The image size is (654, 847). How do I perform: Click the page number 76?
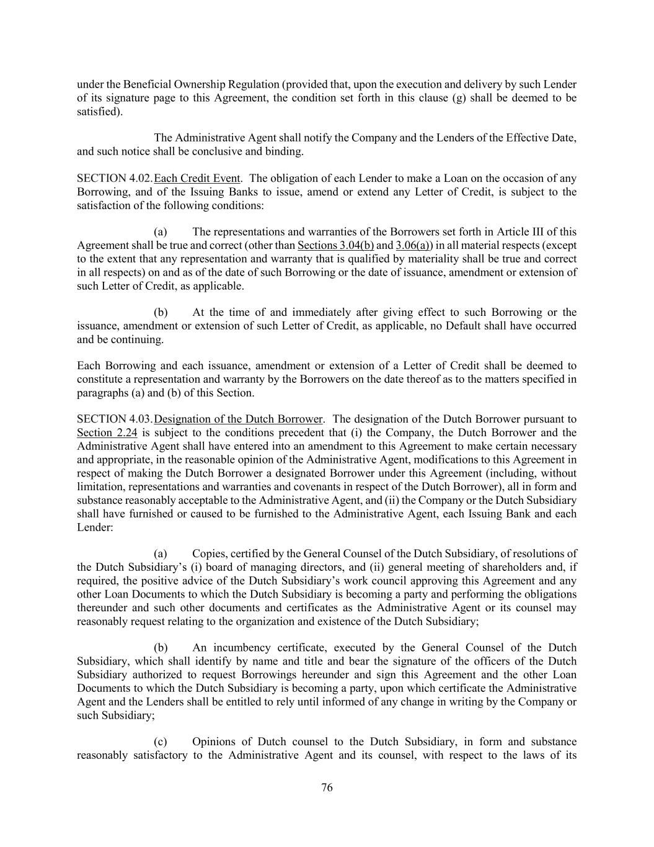click(x=327, y=788)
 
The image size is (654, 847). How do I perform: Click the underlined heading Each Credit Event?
click(x=197, y=179)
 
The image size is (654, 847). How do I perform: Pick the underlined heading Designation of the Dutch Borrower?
click(x=239, y=419)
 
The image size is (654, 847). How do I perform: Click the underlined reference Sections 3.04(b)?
click(x=335, y=245)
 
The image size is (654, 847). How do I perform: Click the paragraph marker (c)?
click(x=161, y=742)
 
